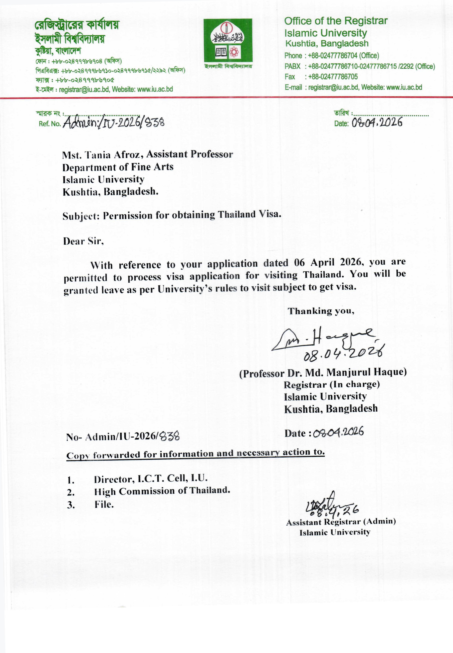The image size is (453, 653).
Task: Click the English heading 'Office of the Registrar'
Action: pyautogui.click(x=336, y=21)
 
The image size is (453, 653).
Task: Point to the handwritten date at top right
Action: pyautogui.click(x=377, y=123)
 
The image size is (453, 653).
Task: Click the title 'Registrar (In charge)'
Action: pyautogui.click(x=332, y=385)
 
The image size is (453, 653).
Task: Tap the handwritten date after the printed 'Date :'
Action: pyautogui.click(x=338, y=432)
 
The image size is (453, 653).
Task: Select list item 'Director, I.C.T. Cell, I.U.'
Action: pyautogui.click(x=151, y=479)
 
